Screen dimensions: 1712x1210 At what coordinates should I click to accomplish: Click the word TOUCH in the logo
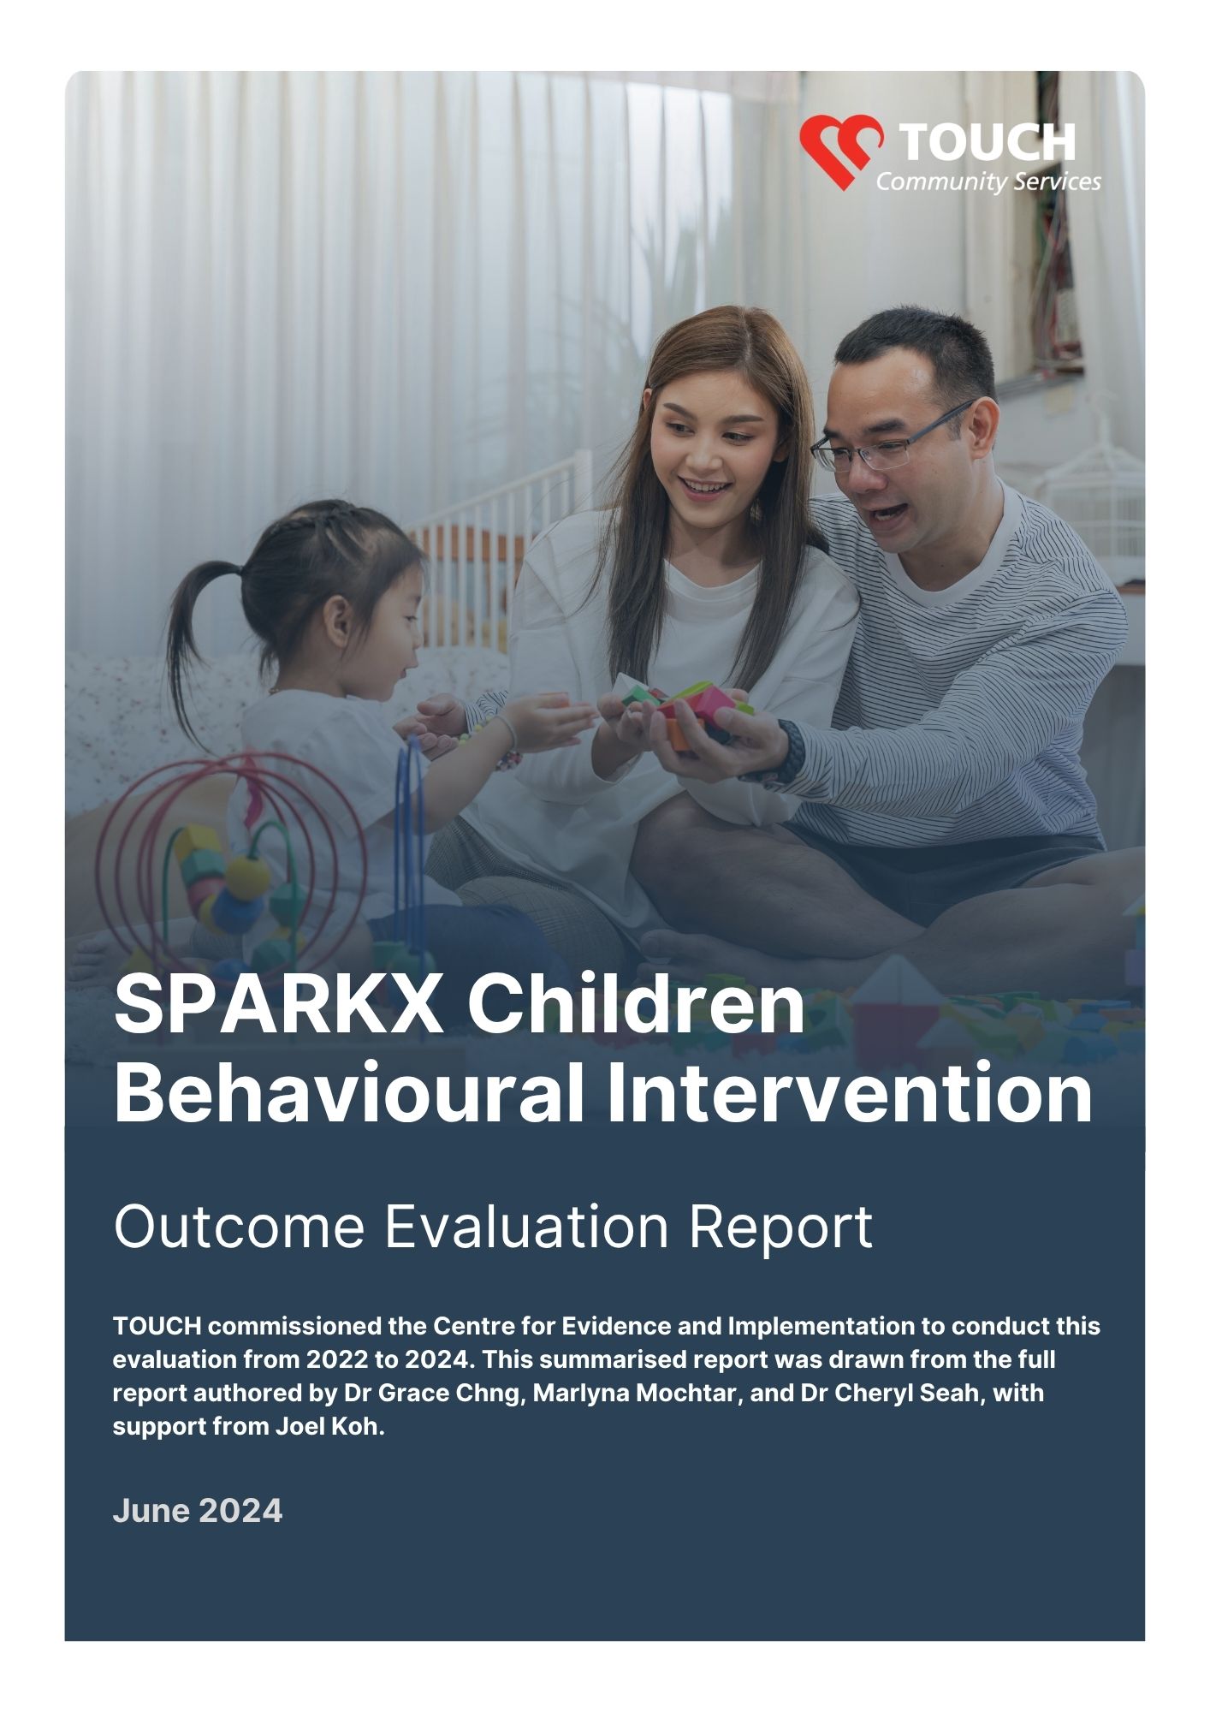click(988, 143)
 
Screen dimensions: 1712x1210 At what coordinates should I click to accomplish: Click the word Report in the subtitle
click(780, 1227)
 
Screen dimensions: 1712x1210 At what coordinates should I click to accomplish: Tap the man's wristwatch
click(792, 751)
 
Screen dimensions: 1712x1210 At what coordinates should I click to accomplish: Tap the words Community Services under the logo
click(988, 181)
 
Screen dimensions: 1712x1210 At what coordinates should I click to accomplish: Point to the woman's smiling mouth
click(704, 487)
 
